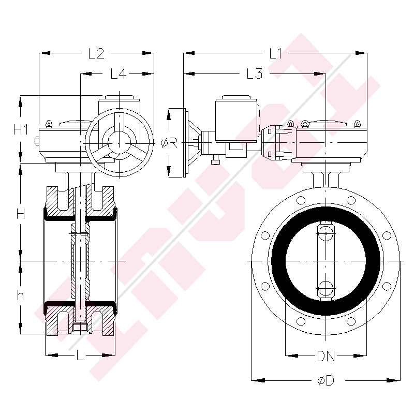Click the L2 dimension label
(97, 53)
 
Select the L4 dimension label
(118, 74)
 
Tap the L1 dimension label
(275, 53)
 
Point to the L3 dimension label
(254, 74)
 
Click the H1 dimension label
(21, 130)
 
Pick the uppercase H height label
(21, 213)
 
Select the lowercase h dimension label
(21, 296)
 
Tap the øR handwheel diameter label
(169, 143)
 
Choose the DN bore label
(325, 356)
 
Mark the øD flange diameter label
(325, 381)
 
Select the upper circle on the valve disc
(326, 233)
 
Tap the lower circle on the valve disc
(326, 287)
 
